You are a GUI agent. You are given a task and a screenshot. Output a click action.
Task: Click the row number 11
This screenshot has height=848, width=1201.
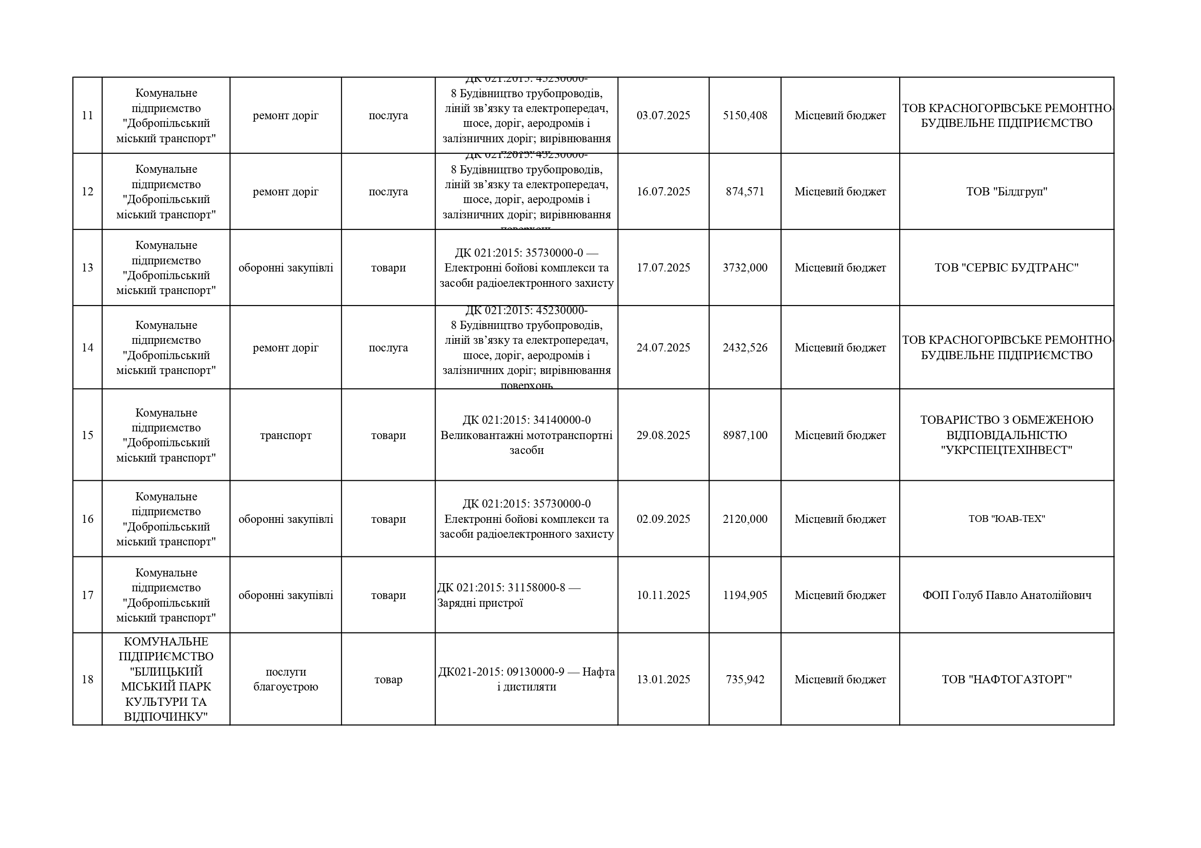[87, 115]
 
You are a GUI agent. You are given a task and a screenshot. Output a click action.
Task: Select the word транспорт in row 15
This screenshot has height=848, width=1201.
[286, 436]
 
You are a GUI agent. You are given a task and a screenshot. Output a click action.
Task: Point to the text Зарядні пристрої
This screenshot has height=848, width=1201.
[480, 603]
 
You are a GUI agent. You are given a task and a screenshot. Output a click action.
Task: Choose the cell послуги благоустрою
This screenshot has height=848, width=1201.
[286, 679]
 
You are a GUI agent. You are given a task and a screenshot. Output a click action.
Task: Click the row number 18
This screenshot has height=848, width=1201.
[87, 679]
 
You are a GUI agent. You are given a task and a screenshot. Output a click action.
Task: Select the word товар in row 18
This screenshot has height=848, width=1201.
[388, 679]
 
